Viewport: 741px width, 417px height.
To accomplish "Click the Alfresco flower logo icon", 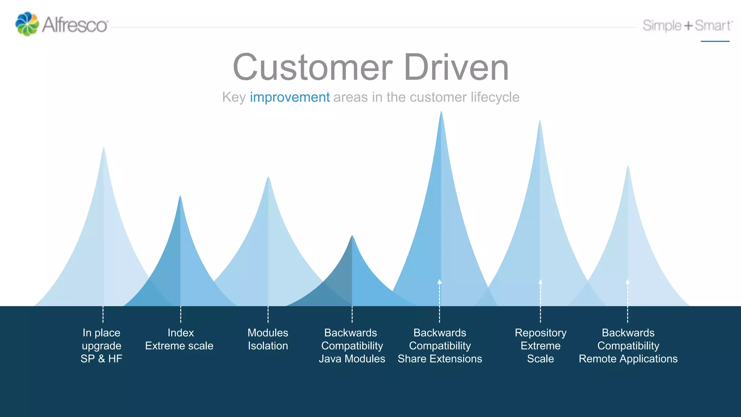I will point(27,24).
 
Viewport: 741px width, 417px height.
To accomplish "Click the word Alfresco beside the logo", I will point(75,25).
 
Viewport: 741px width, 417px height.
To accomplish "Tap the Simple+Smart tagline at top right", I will point(687,26).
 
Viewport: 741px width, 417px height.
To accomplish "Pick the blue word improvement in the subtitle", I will point(290,97).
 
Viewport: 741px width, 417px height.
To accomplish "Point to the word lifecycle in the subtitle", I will point(495,97).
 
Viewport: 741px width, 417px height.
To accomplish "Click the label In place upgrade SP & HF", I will point(102,346).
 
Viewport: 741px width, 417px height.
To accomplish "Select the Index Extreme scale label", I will point(179,339).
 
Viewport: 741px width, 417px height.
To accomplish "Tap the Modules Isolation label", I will point(268,339).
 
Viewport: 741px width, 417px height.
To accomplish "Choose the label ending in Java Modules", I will point(352,346).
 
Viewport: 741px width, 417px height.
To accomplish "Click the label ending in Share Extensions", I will point(440,346).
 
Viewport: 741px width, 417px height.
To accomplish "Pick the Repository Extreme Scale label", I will point(541,346).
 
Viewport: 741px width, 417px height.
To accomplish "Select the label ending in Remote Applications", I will point(628,346).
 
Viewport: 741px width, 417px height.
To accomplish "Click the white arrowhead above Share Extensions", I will point(440,282).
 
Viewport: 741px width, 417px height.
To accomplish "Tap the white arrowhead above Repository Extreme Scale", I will point(540,282).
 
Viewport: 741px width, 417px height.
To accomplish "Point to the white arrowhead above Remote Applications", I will point(628,282).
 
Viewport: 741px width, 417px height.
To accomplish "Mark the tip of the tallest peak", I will point(441,112).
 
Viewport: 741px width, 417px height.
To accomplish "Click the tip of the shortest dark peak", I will point(352,236).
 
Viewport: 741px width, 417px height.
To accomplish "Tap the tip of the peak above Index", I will point(180,197).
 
